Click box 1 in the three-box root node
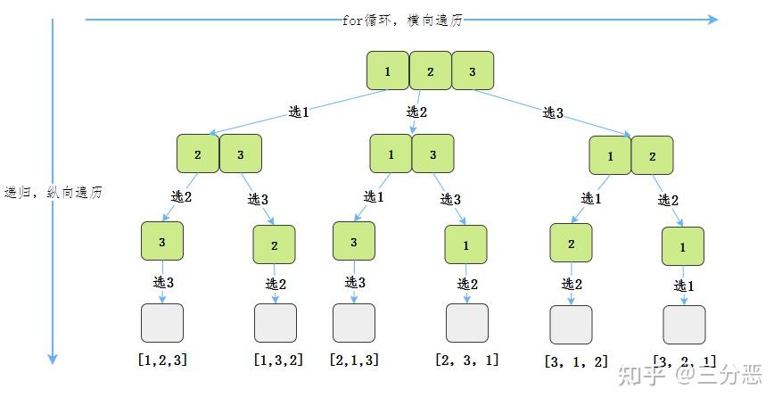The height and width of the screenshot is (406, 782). click(388, 71)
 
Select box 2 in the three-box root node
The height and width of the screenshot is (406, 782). click(430, 71)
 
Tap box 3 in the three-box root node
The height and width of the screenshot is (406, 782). click(472, 71)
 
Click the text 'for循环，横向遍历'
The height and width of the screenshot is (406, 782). click(402, 20)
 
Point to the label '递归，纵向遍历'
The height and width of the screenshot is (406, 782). click(54, 192)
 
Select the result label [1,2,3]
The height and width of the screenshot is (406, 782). click(162, 360)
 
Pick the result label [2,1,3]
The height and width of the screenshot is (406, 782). click(353, 360)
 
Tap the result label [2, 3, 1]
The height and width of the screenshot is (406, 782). click(467, 360)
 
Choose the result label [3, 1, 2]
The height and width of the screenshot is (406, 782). click(576, 362)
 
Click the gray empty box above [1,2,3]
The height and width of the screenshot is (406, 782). click(162, 323)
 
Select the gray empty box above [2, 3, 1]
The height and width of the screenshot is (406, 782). click(467, 323)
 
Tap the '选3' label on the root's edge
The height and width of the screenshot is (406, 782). click(554, 112)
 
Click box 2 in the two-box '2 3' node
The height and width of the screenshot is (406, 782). click(198, 153)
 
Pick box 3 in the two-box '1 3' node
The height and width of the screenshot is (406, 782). click(433, 153)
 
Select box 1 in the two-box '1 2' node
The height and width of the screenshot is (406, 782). click(611, 156)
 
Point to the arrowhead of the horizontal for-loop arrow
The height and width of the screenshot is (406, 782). click(712, 19)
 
